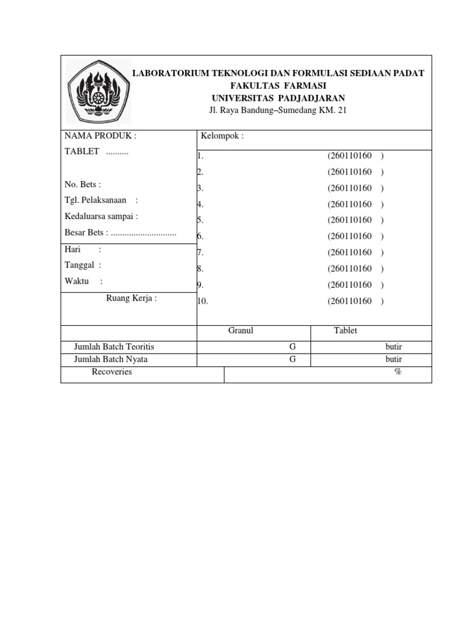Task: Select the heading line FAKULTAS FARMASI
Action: coord(279,86)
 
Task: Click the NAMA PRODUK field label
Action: coord(101,136)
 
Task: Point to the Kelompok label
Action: coord(222,136)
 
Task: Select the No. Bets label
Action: coord(83,184)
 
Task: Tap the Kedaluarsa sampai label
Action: coord(101,216)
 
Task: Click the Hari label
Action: coord(73,249)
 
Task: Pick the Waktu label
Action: coord(77,281)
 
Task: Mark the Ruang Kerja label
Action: coord(131,298)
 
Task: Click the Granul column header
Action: coord(241,331)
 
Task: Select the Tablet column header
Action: coord(345,331)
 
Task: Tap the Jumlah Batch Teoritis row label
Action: coord(114,347)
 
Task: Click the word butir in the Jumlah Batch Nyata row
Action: coord(394,359)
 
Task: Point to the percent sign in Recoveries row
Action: coord(398,372)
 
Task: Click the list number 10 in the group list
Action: coord(203,301)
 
